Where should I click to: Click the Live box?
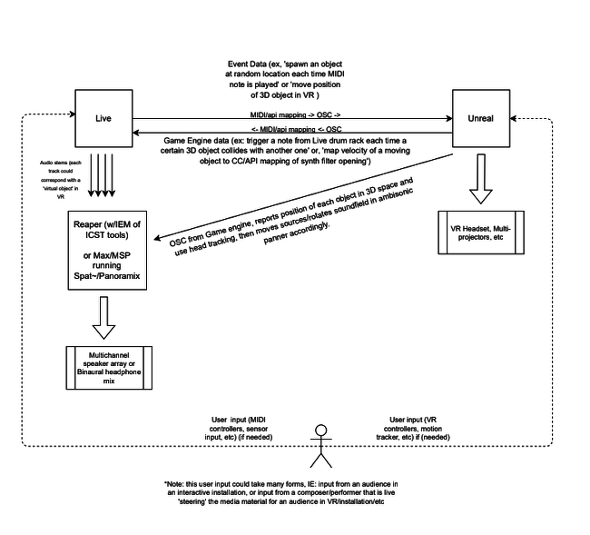coord(103,118)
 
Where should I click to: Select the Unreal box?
coord(481,118)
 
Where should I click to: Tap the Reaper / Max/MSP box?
coord(107,251)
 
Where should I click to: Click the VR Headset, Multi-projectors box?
coord(481,233)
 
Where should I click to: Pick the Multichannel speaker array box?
coord(109,368)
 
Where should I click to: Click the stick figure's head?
coord(321,430)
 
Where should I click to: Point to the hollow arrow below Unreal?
coord(481,178)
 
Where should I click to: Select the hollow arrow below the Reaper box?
coord(103,318)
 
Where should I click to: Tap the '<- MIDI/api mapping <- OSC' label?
coord(296,129)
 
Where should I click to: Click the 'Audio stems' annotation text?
coord(61,180)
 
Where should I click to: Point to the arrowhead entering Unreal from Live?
coord(449,119)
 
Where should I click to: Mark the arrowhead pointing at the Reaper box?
coord(158,238)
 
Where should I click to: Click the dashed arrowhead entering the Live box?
coord(73,114)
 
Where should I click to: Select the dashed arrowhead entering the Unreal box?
coord(513,119)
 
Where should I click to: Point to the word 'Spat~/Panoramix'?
coord(107,275)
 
